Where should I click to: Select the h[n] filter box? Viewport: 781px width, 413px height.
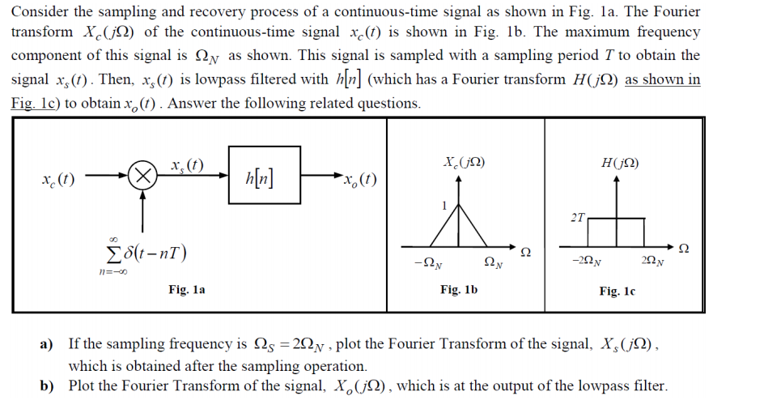[264, 175]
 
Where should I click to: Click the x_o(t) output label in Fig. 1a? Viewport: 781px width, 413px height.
[359, 179]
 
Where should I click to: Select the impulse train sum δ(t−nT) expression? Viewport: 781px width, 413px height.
[146, 253]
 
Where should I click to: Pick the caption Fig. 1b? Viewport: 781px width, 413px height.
[458, 288]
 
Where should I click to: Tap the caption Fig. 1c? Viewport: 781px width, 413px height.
[617, 290]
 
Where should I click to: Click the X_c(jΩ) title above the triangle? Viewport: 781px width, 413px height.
[464, 162]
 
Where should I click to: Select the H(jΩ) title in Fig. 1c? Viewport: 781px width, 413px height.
[619, 162]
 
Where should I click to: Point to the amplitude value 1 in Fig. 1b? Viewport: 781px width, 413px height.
[444, 206]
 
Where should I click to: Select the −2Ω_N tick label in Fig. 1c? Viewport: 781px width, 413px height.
[585, 261]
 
